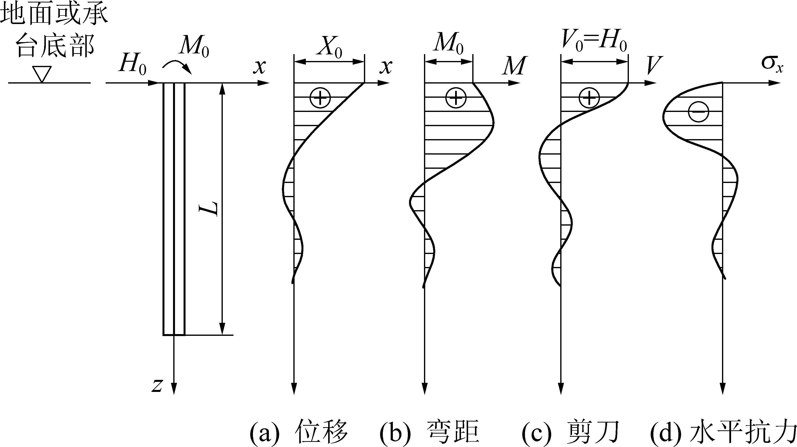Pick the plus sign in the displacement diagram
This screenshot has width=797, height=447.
pos(320,98)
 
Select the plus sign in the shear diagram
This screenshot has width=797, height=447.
pos(589,98)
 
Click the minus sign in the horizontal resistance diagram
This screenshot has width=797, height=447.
pos(698,112)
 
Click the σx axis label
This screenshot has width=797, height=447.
pos(772,64)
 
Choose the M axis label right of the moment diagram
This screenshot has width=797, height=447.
pos(514,66)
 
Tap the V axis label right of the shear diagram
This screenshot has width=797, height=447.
pos(653,66)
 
